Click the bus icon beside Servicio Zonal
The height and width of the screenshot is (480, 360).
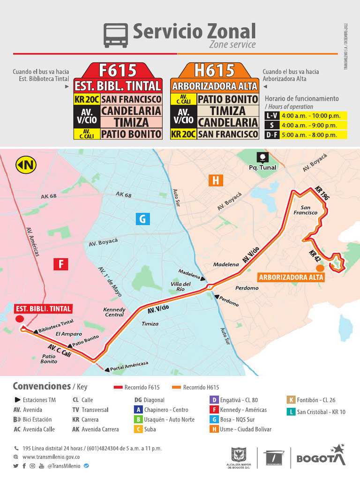coord(115,36)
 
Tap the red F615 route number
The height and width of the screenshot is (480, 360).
coord(118,70)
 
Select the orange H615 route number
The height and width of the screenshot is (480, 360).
coord(214,70)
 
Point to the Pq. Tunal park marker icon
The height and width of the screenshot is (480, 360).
coord(263,157)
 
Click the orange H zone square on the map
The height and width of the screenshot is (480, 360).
coord(216,180)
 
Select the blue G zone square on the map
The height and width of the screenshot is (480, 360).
coord(142,218)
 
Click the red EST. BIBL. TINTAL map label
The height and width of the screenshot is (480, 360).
coord(43,308)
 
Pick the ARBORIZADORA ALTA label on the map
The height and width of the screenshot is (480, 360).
coord(291,277)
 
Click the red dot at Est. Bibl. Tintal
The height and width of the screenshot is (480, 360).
coord(20,319)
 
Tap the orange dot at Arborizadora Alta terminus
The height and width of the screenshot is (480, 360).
coord(320,268)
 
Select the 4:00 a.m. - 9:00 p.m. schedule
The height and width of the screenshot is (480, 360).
coord(308,125)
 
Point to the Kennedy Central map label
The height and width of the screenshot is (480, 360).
coord(114,312)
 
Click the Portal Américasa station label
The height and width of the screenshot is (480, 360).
coord(130,367)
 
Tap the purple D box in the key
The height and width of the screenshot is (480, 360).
coord(214,400)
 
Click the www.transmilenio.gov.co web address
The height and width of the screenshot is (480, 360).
coord(51,457)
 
